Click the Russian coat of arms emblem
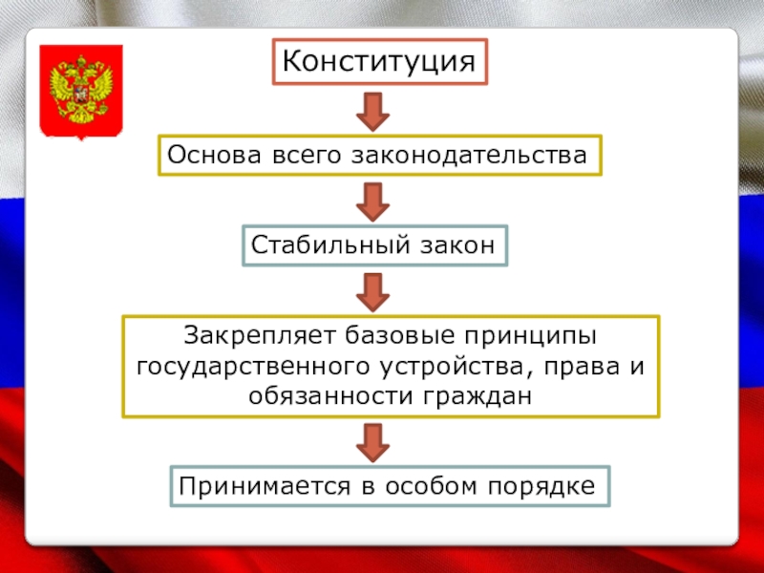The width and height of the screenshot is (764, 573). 81,92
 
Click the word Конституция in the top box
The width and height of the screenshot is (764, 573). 379,62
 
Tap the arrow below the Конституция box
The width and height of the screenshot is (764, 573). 372,113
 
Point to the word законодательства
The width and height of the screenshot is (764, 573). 495,154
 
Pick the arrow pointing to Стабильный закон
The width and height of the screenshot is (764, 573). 372,201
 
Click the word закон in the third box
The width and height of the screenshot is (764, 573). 457,245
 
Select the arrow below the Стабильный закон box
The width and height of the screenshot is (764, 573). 372,290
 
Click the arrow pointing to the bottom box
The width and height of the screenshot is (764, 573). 372,442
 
